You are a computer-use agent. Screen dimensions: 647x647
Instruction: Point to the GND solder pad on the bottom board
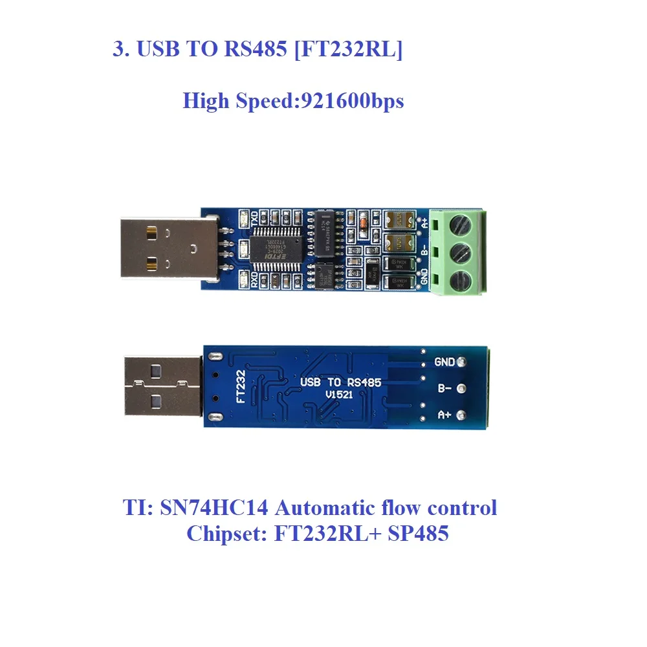coord(461,362)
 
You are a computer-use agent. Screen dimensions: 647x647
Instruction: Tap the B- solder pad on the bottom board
coord(461,389)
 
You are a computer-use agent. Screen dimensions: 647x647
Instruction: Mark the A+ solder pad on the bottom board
coord(461,415)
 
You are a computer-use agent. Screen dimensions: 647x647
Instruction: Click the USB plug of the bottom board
coord(162,386)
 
